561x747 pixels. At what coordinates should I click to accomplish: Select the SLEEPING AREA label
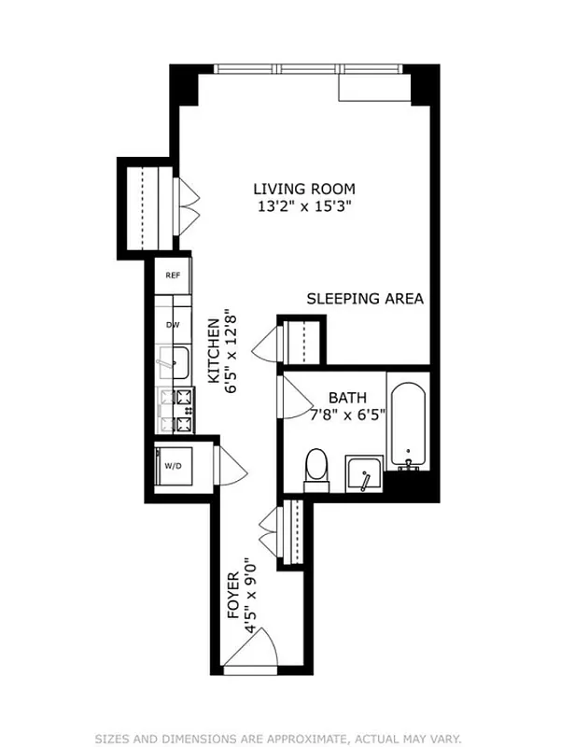365,300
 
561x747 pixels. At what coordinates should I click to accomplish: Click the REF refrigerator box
173,275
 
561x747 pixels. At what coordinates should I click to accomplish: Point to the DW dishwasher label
173,325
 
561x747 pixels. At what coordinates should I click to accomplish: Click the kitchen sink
173,361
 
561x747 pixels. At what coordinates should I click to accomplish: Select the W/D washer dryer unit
173,465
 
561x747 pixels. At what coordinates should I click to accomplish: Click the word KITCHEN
214,351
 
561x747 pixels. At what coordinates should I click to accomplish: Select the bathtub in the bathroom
408,426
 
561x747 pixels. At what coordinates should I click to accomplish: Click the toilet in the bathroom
317,467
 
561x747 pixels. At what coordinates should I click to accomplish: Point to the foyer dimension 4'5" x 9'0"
249,598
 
